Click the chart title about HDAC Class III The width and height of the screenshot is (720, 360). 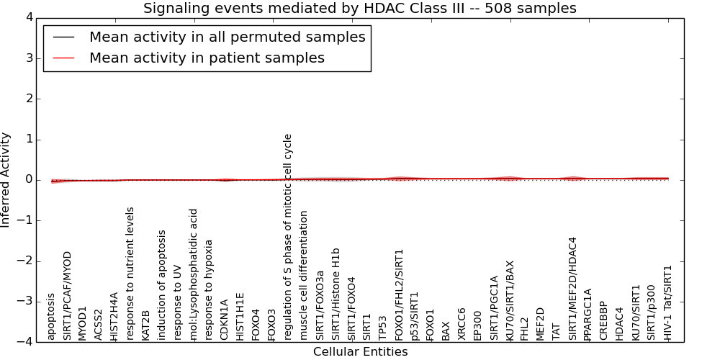(359, 8)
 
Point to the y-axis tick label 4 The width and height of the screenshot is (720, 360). (30, 17)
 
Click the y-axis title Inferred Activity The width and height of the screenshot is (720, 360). (5, 179)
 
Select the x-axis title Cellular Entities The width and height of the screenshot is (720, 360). (361, 352)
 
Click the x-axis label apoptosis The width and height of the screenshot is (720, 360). (51, 318)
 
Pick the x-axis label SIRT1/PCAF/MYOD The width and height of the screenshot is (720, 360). (67, 296)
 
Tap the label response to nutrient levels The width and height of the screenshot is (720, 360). (130, 274)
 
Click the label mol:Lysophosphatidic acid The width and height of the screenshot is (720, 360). (193, 275)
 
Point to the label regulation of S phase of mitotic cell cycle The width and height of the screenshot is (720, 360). (287, 238)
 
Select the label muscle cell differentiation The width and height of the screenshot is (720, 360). (303, 276)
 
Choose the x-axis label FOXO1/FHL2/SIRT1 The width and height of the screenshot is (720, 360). (398, 295)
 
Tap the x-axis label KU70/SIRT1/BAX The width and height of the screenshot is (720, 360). (509, 301)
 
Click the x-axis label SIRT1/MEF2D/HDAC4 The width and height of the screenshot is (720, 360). (572, 289)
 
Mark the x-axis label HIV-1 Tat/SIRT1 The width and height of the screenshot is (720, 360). (667, 303)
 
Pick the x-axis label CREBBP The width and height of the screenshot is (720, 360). (604, 321)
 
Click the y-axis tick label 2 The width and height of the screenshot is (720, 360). (30, 99)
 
